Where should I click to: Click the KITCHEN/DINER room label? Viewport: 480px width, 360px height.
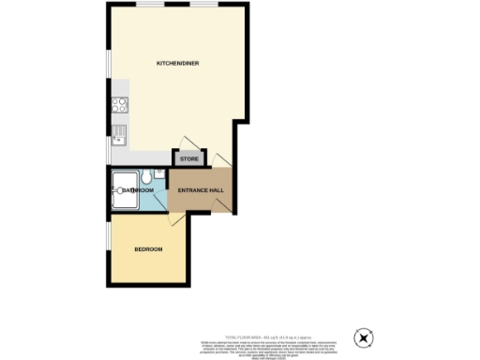pos(177,63)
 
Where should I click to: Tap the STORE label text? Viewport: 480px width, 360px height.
pos(188,159)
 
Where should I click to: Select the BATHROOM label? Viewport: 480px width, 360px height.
pos(137,190)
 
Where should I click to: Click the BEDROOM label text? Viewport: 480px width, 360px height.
pos(148,249)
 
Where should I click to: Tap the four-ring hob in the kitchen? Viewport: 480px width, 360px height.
pos(120,106)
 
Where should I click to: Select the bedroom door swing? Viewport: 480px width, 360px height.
pos(176,219)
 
